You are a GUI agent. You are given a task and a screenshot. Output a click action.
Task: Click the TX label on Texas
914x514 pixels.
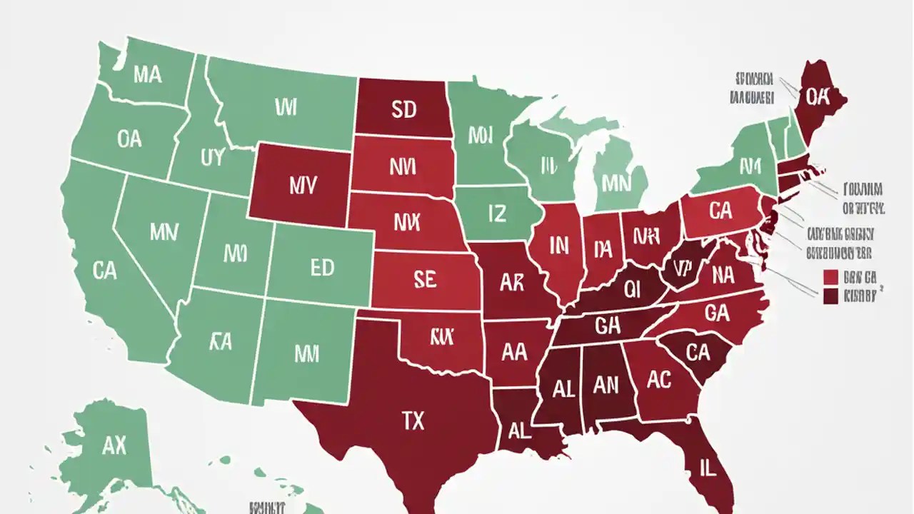pos(413,421)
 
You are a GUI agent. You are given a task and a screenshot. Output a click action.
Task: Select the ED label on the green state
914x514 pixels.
pos(322,268)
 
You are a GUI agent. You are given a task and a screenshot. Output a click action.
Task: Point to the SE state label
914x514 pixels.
pos(424,280)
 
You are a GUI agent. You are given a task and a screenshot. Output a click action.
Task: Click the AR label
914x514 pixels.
pos(511,283)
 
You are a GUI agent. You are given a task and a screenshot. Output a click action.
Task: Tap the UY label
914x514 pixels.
pos(212,158)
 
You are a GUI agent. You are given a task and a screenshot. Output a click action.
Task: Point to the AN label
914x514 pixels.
pos(606,385)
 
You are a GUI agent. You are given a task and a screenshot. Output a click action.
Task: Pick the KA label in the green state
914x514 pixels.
pos(221,342)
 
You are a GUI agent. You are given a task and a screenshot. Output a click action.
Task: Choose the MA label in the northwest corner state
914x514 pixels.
pos(148,75)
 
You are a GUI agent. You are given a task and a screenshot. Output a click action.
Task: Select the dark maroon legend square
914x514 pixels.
pos(830,296)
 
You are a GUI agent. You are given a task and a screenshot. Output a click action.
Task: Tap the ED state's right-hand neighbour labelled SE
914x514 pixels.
pos(424,280)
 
